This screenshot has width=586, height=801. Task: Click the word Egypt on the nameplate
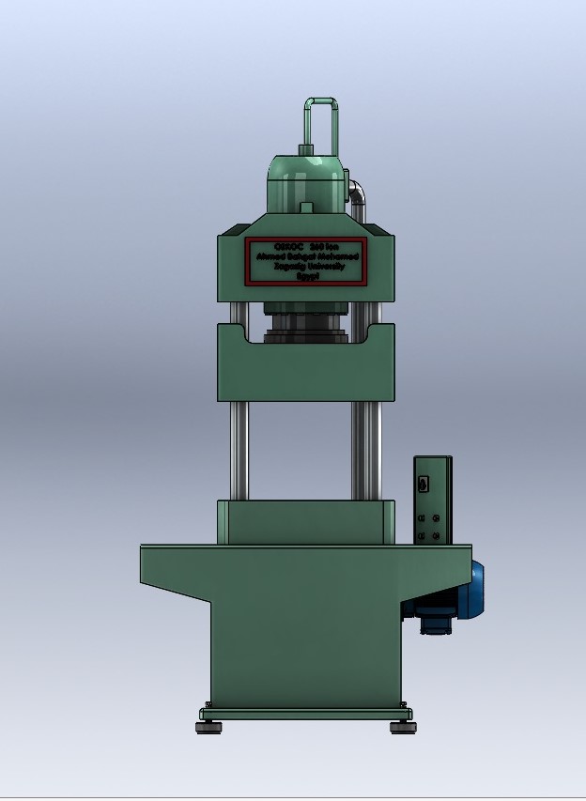click(x=307, y=276)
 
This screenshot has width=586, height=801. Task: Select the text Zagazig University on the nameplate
click(x=307, y=267)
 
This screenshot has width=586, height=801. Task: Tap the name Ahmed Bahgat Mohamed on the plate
click(x=307, y=256)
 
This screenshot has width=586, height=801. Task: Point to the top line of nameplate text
click(x=307, y=246)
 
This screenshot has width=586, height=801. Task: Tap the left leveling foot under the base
click(x=208, y=726)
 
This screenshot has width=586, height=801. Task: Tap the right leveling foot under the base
click(x=403, y=726)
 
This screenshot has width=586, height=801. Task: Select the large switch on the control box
click(x=424, y=485)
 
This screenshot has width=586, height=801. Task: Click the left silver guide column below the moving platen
click(x=239, y=451)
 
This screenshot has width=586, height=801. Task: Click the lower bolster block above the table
click(x=305, y=522)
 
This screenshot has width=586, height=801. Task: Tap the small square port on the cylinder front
click(x=306, y=207)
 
